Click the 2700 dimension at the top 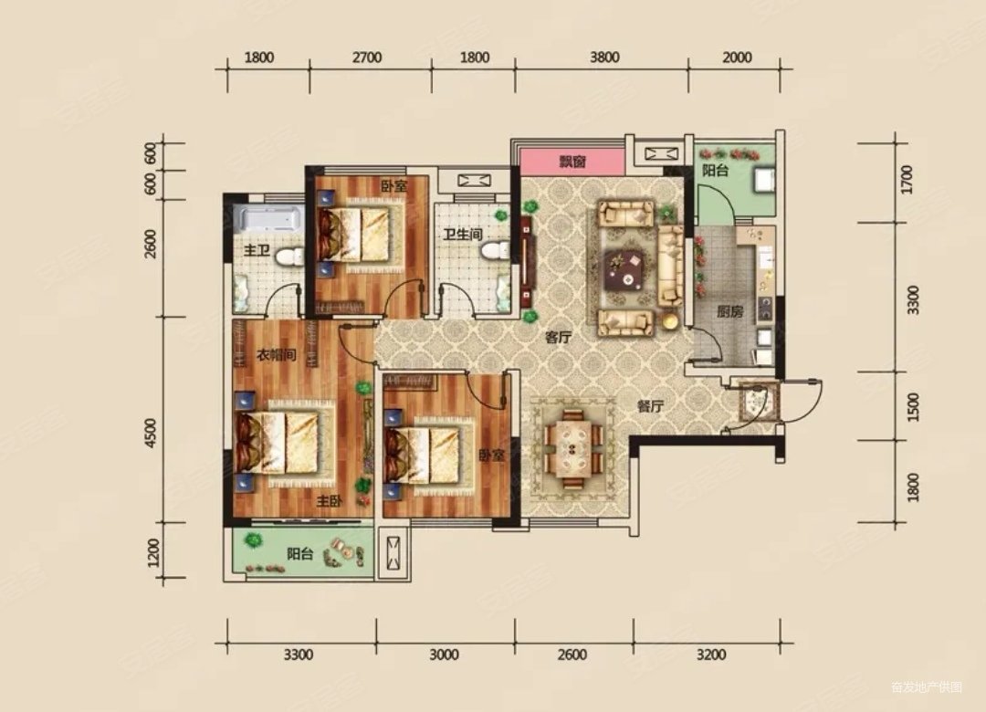tap(367, 58)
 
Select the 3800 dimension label tap(604, 58)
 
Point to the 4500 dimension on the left tap(150, 434)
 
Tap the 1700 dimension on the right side tap(907, 179)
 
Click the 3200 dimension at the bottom tap(711, 654)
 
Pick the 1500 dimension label tap(913, 406)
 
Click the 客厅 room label tap(558, 337)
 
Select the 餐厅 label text tap(650, 406)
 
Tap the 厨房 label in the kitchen tap(729, 311)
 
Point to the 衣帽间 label tap(276, 355)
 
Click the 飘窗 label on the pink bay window tap(572, 162)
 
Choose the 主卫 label tap(257, 251)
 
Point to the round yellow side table tap(671, 320)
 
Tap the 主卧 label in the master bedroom tap(329, 501)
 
